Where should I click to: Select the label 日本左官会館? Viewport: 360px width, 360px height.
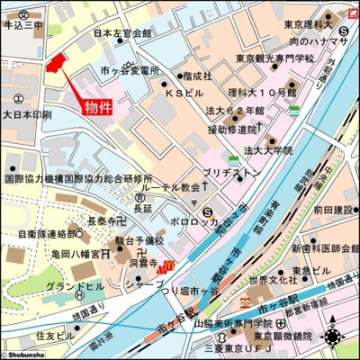click(122, 34)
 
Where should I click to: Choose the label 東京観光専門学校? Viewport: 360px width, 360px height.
click(275, 58)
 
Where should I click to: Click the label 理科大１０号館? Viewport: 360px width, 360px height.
click(261, 93)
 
